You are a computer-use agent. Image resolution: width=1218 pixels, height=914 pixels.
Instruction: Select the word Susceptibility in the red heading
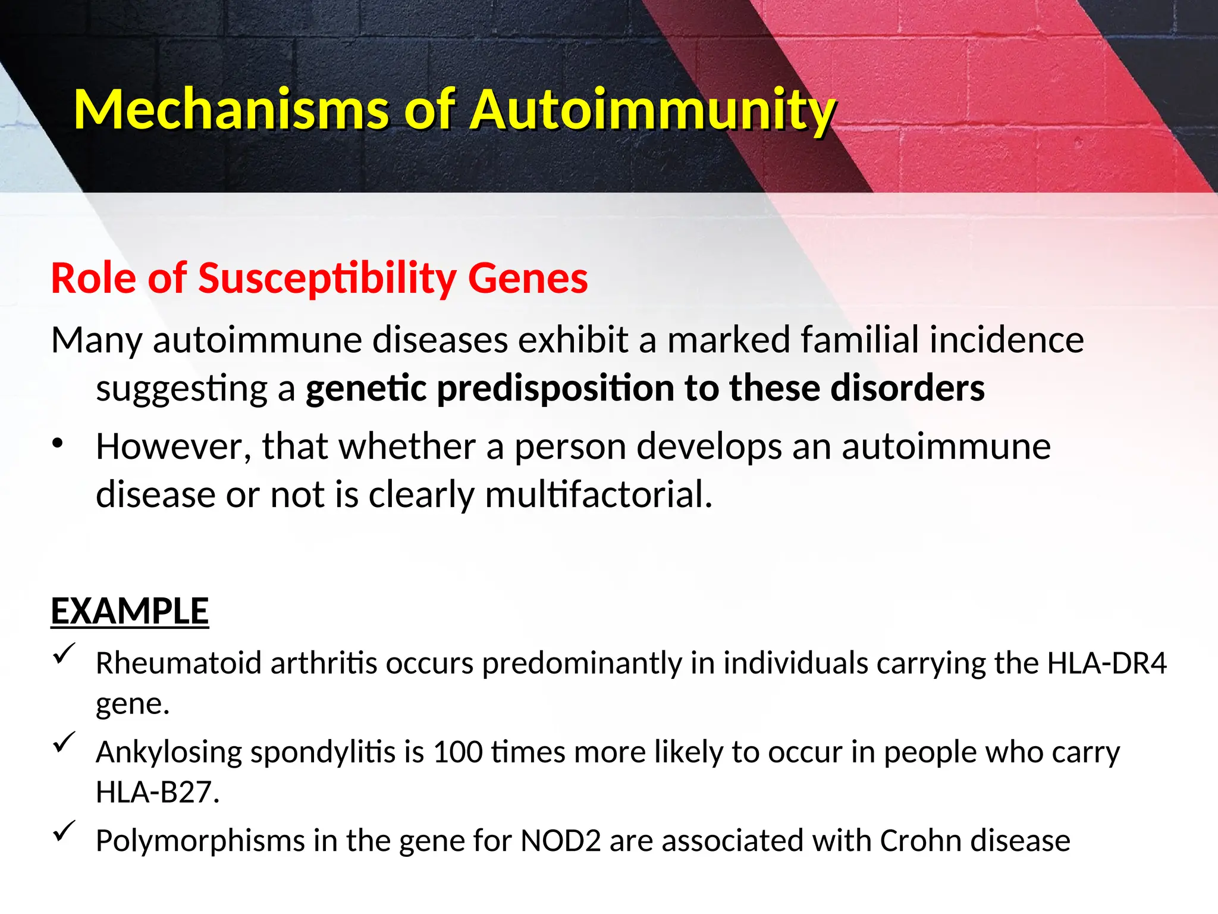[x=327, y=278]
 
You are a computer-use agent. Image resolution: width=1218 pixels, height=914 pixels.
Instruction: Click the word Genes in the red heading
[x=528, y=278]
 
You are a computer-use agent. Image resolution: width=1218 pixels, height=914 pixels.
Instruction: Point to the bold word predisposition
[x=555, y=389]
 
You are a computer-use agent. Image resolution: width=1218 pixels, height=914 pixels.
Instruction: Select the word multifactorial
[x=598, y=494]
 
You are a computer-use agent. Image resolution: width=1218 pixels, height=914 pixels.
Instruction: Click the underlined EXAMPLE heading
[x=130, y=611]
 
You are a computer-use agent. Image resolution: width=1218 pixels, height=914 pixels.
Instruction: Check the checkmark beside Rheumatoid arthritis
[x=64, y=655]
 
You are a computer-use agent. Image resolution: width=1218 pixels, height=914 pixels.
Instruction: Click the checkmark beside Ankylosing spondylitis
[x=64, y=743]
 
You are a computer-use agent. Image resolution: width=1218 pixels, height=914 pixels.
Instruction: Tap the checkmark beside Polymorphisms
[x=64, y=831]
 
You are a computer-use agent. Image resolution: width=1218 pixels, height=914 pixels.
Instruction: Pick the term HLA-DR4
[x=1107, y=663]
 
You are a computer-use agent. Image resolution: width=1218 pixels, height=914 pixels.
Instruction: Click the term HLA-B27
[x=157, y=793]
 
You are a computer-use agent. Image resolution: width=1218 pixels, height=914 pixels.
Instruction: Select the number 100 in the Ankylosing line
[x=457, y=752]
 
